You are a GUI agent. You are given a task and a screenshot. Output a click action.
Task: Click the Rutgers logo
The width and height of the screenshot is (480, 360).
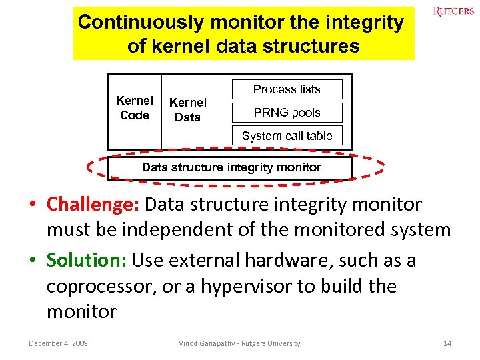(453, 11)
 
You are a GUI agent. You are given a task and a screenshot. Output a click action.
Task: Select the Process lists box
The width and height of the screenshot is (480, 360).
(287, 89)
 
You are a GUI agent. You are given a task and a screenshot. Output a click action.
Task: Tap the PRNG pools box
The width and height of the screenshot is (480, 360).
(287, 113)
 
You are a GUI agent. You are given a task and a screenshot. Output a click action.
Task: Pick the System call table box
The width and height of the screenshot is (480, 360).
(287, 136)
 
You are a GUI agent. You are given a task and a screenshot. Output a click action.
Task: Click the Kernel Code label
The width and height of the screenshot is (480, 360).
(135, 108)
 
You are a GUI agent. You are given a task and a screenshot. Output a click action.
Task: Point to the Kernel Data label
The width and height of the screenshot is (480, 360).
(187, 110)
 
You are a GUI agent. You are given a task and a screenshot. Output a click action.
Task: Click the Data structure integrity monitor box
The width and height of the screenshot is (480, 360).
(231, 168)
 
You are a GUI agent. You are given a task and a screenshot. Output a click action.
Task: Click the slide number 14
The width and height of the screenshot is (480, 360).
(447, 343)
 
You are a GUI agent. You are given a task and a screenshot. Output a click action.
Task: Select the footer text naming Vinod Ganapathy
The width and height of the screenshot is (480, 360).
(239, 343)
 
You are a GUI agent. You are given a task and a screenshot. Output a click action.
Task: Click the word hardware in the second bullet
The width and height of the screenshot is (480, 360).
(285, 260)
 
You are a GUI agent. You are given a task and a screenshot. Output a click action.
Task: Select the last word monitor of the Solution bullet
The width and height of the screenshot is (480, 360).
(81, 311)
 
